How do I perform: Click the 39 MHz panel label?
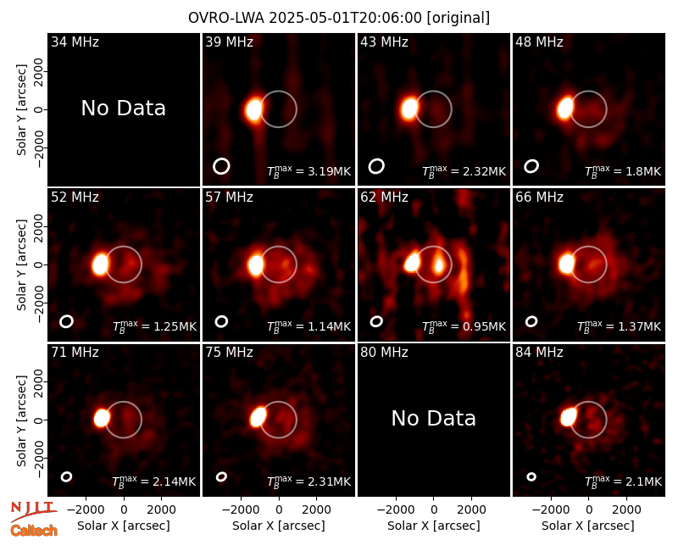click(x=229, y=42)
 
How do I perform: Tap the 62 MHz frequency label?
click(x=385, y=198)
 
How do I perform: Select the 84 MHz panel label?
click(x=539, y=353)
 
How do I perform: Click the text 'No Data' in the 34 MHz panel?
click(x=124, y=109)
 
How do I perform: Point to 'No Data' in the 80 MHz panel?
click(x=434, y=419)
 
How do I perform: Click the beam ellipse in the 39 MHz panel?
click(x=221, y=166)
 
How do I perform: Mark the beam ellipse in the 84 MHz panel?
click(x=531, y=476)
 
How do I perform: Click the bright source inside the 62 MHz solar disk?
click(x=439, y=263)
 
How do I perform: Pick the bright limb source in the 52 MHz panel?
click(x=100, y=264)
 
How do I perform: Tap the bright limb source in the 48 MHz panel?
click(x=564, y=109)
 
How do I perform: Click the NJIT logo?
click(x=33, y=511)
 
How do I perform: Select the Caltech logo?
click(x=34, y=531)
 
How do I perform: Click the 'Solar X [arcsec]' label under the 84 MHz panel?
click(x=588, y=526)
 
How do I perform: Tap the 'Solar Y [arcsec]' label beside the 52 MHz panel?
click(x=22, y=264)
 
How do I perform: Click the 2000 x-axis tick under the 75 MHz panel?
click(x=316, y=509)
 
